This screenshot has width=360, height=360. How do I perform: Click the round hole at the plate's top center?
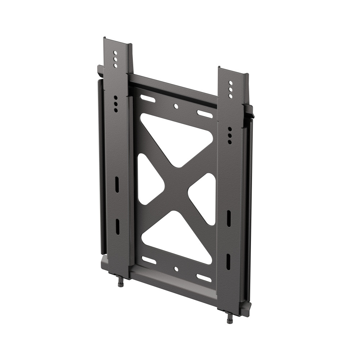[x=176, y=106]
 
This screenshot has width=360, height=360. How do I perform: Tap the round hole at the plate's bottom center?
[x=176, y=269]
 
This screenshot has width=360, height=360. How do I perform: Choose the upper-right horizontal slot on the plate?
[x=204, y=114]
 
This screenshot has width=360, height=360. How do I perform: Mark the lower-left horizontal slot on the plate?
[x=149, y=260]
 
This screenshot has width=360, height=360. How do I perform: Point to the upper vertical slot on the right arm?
[x=229, y=218]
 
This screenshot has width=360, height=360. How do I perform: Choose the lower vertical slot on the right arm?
[x=228, y=262]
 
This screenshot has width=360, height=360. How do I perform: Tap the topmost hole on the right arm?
[x=230, y=82]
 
